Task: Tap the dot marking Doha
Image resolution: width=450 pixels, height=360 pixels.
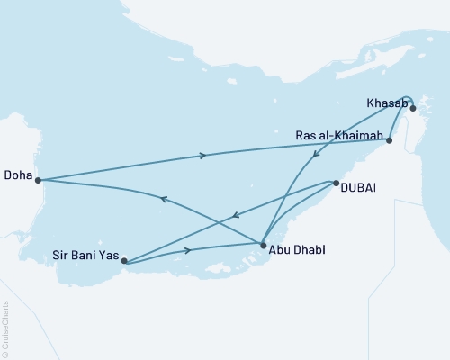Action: pyautogui.click(x=38, y=180)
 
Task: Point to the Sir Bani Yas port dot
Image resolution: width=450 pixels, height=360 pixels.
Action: pyautogui.click(x=124, y=262)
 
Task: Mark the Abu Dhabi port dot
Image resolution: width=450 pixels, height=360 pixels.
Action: pyautogui.click(x=262, y=244)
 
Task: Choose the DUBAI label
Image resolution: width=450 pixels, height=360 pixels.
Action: pyautogui.click(x=358, y=186)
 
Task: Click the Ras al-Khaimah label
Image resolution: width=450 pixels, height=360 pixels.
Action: pyautogui.click(x=340, y=136)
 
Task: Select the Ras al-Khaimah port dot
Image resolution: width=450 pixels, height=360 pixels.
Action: pyautogui.click(x=389, y=140)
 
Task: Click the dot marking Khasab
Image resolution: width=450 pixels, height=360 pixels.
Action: pyautogui.click(x=413, y=108)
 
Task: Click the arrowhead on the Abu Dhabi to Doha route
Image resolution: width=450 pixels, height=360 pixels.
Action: pyautogui.click(x=163, y=200)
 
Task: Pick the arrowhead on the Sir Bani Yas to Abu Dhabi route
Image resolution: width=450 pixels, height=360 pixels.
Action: pyautogui.click(x=188, y=249)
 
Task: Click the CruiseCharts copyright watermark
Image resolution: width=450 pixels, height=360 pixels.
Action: pyautogui.click(x=6, y=328)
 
